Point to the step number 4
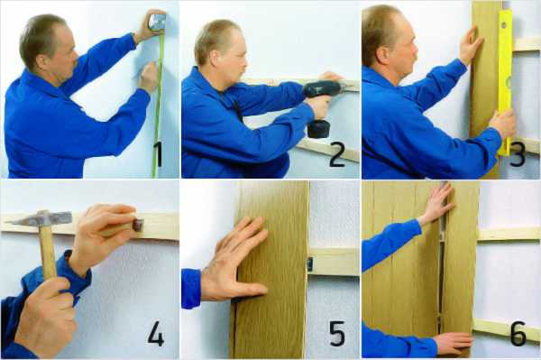tap(156, 333)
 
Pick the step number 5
tap(337, 333)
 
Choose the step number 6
tap(518, 333)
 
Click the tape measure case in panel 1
tap(157, 22)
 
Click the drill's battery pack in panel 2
tap(318, 129)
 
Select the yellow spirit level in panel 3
tap(504, 82)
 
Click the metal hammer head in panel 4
tap(41, 218)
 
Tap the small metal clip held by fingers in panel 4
tap(138, 226)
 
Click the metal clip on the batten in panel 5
tap(310, 264)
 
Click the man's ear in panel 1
tap(42, 61)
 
